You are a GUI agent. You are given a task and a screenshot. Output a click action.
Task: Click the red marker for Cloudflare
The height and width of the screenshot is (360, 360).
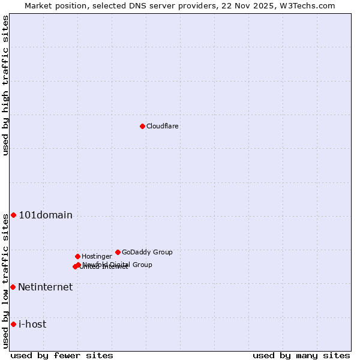[142, 126]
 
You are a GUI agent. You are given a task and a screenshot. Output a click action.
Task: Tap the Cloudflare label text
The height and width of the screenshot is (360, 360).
[162, 127]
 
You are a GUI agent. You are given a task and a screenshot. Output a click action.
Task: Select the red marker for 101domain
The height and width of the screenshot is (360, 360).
[13, 215]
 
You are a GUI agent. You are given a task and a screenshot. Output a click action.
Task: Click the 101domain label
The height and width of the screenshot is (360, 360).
[46, 215]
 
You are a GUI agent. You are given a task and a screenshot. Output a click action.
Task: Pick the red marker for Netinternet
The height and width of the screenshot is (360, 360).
[13, 287]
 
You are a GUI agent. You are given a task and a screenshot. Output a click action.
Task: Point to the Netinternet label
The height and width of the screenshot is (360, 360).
[45, 287]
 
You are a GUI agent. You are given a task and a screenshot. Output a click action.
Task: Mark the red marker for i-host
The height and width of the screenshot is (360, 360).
[13, 324]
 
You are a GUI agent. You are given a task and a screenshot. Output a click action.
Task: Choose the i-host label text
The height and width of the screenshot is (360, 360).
[32, 325]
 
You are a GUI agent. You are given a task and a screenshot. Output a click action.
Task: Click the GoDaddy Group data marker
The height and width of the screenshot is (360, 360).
[118, 252]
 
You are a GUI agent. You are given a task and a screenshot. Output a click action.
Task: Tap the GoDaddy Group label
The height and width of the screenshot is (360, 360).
[147, 253]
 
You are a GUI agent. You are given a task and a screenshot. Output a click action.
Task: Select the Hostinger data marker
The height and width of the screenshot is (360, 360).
[77, 256]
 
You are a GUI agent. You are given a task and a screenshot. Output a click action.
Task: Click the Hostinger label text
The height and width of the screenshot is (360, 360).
[97, 257]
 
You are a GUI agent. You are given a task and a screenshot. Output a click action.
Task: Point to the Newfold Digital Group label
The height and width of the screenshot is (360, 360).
[118, 265]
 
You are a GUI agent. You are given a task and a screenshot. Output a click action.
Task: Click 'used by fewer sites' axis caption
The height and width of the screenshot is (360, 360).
[62, 355]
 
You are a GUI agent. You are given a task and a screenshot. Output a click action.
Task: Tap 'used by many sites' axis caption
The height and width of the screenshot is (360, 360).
[301, 355]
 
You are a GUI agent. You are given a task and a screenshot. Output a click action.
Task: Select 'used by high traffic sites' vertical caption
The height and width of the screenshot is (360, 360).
[5, 85]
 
